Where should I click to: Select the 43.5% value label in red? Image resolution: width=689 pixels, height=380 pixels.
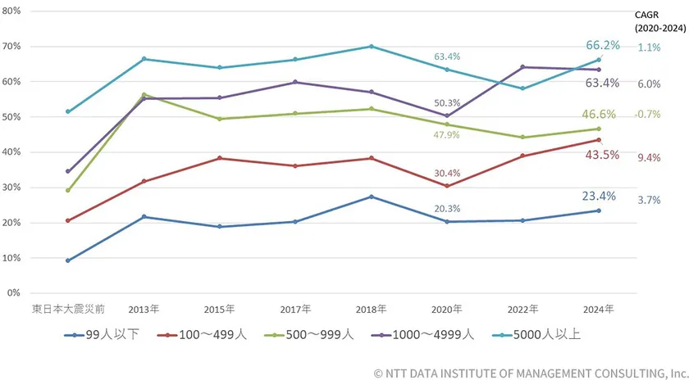[x=603, y=155]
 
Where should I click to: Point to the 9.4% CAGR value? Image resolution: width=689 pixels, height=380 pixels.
[x=649, y=157]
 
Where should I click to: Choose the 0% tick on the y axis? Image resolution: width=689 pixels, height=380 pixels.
[x=15, y=292]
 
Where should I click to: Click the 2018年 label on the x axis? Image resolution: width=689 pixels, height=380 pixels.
[x=372, y=310]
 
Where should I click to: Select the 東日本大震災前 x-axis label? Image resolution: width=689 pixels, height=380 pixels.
[x=67, y=310]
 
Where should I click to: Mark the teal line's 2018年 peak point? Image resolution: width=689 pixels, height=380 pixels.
[x=372, y=47]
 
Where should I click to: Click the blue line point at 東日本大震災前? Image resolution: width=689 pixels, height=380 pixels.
[x=67, y=260]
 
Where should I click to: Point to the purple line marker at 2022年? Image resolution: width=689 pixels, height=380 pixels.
[x=522, y=67]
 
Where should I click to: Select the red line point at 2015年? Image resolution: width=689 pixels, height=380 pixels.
[x=220, y=158]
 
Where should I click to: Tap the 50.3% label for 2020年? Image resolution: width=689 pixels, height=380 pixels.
[x=447, y=103]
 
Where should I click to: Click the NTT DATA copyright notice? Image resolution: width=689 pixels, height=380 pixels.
[x=530, y=373]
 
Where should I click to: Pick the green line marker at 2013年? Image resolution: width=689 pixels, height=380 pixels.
[x=144, y=95]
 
